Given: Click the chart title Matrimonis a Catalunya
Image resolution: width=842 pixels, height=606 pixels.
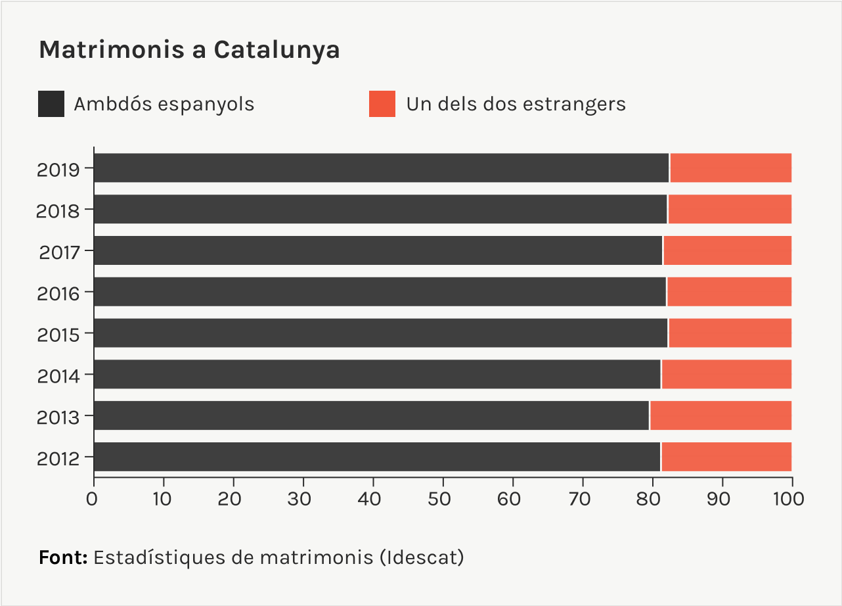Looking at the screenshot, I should coord(189,50).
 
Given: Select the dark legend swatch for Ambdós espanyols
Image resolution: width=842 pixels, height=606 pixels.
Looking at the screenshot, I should coord(51,104).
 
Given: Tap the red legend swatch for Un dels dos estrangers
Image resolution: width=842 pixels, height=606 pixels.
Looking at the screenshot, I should coord(382,104).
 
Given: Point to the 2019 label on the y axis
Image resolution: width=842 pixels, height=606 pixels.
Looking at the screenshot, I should coord(58,170).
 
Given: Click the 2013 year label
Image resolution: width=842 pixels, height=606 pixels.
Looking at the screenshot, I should coord(58,417).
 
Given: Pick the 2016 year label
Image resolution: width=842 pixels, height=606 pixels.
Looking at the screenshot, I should coord(58,293).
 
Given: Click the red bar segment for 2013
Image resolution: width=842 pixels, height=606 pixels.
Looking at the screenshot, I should coord(720,416).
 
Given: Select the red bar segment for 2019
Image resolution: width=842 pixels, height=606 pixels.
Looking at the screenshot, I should coord(730,168).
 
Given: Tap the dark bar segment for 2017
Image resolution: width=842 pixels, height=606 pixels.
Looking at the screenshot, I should coord(378,251).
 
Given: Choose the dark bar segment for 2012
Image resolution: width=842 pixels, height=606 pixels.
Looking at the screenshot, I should coord(377,457).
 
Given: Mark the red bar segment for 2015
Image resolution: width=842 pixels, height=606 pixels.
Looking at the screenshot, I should coord(730,333).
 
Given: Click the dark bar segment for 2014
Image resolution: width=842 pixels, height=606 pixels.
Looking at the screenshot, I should coord(377,375).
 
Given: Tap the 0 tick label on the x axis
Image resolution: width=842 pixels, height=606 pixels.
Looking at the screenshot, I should coord(93,500).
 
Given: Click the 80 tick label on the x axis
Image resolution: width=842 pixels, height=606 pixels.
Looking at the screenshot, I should coord(652,500).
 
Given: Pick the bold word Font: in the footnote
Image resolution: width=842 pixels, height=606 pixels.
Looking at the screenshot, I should coord(63,557).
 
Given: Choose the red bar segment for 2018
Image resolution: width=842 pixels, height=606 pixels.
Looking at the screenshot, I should coord(729,210).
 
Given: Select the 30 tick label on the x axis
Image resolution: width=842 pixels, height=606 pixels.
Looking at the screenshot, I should coord(303,500).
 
